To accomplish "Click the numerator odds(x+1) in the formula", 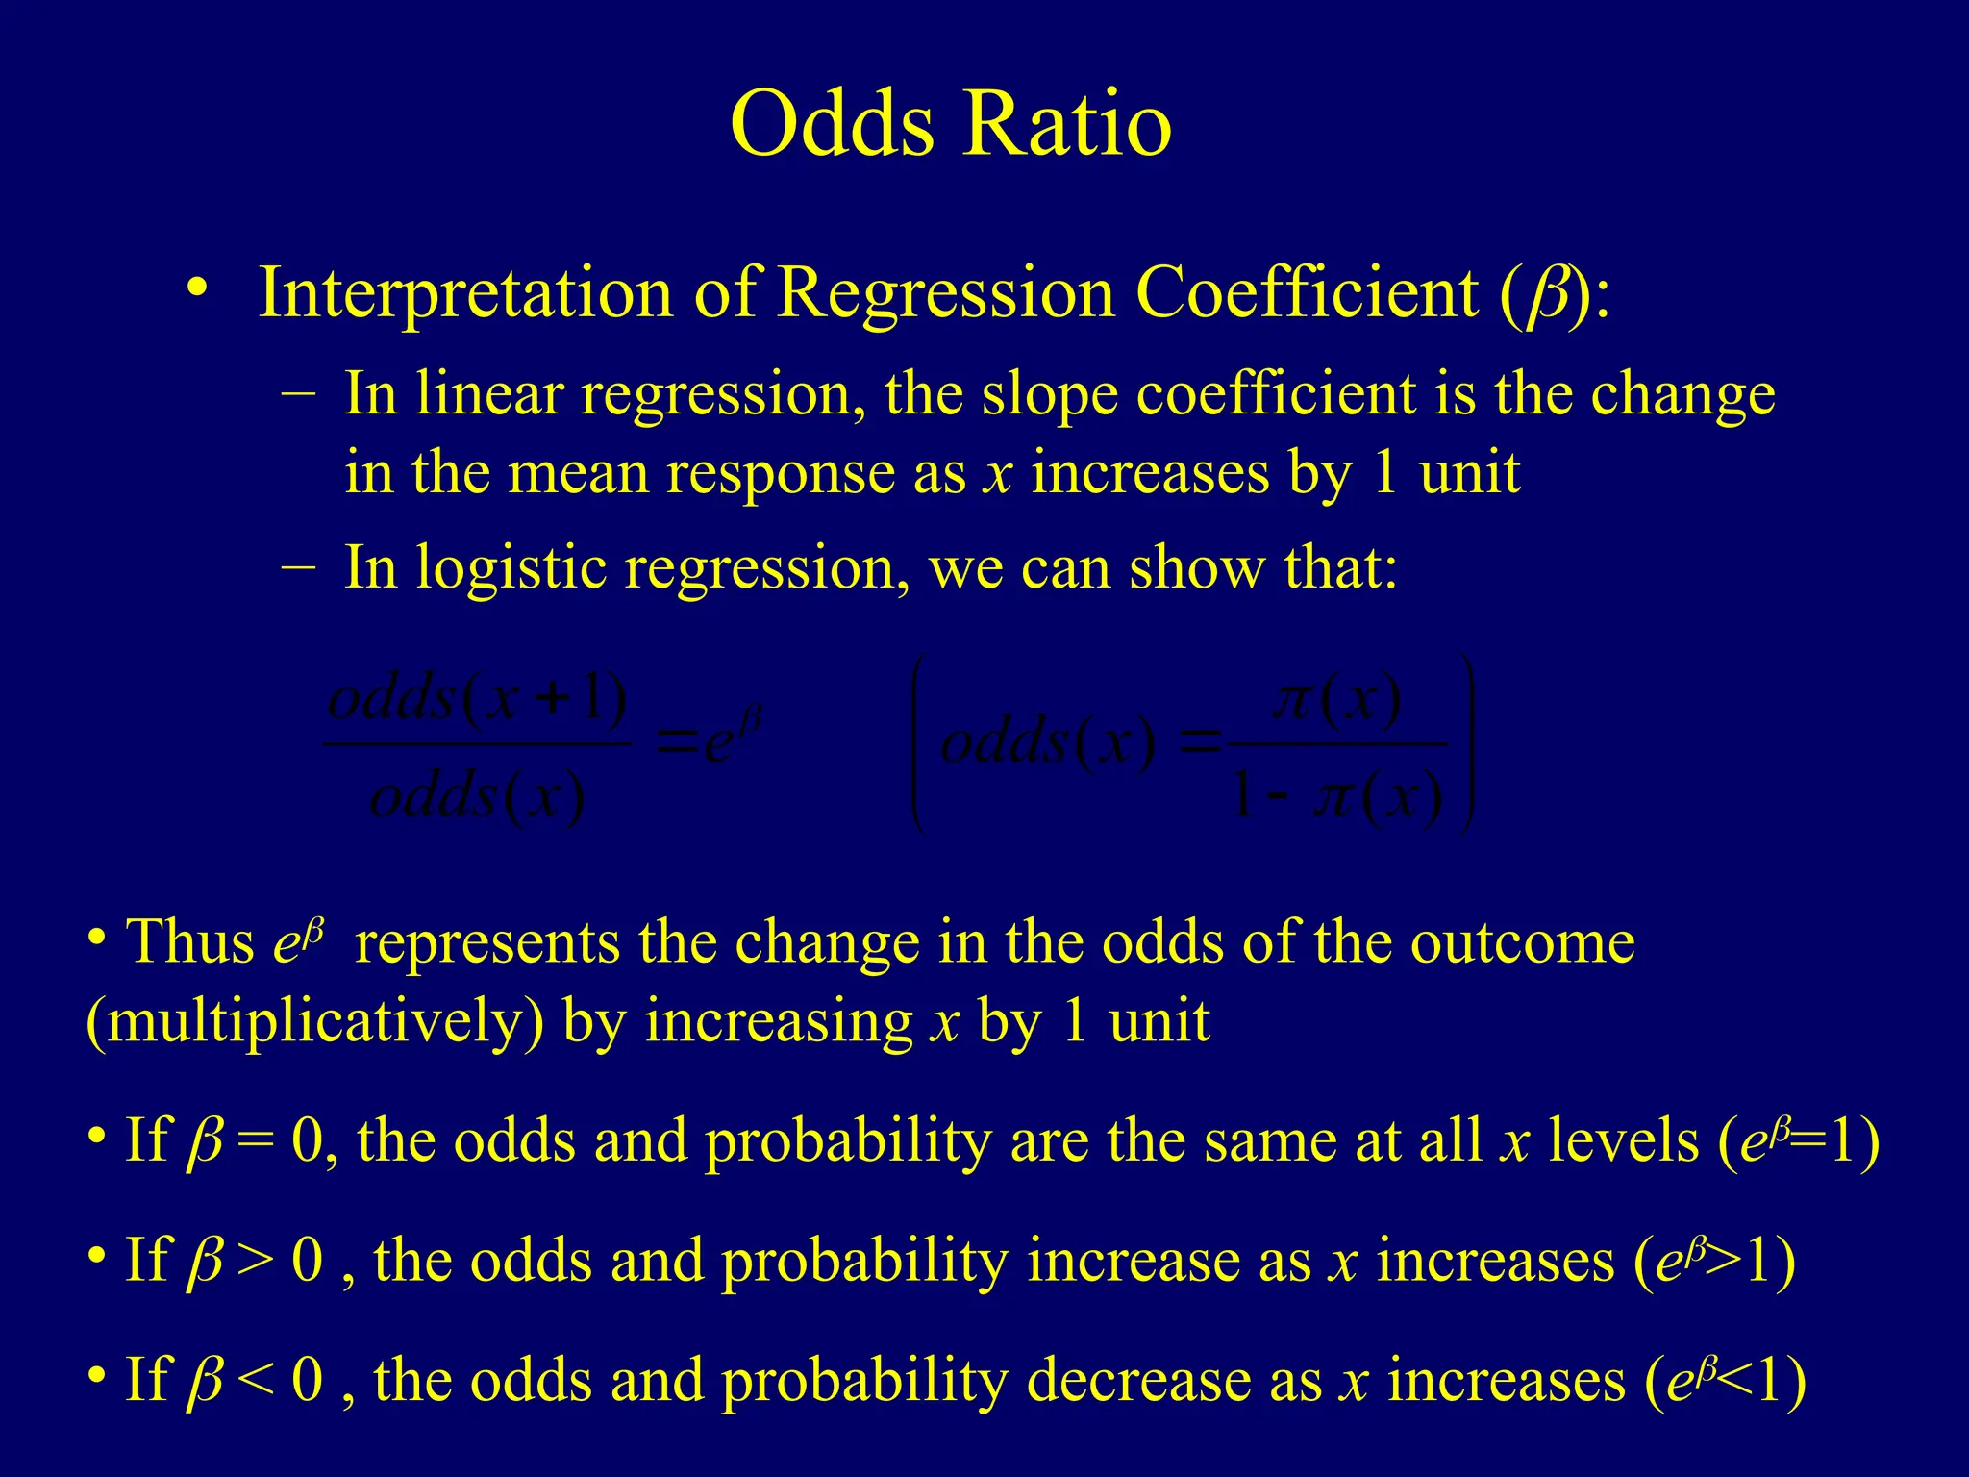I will tap(477, 700).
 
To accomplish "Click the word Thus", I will tap(190, 942).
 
